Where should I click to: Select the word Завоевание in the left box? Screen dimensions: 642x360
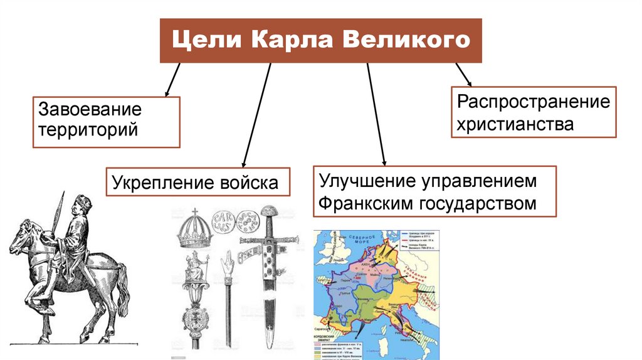[90, 110]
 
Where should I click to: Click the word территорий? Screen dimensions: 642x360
[88, 131]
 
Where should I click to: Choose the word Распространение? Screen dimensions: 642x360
[533, 102]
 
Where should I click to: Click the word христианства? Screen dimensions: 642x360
[515, 124]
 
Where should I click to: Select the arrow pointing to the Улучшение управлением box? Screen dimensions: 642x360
[375, 113]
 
